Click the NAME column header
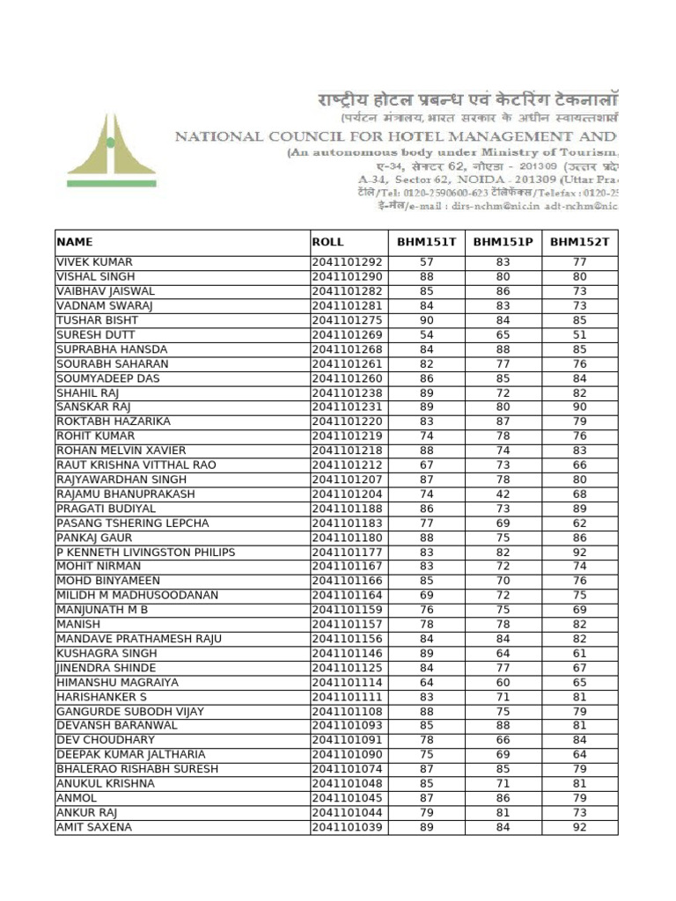tap(75, 242)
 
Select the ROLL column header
tap(327, 242)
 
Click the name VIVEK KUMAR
tap(95, 262)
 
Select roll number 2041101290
tap(348, 276)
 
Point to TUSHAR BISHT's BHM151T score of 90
tap(427, 320)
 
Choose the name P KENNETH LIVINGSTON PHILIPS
tap(146, 553)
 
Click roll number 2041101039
tap(348, 828)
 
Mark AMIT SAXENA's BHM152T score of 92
tap(579, 828)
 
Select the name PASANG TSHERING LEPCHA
tap(133, 524)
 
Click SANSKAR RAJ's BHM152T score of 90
tap(579, 407)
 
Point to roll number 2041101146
tap(348, 654)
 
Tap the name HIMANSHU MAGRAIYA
tap(117, 683)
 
